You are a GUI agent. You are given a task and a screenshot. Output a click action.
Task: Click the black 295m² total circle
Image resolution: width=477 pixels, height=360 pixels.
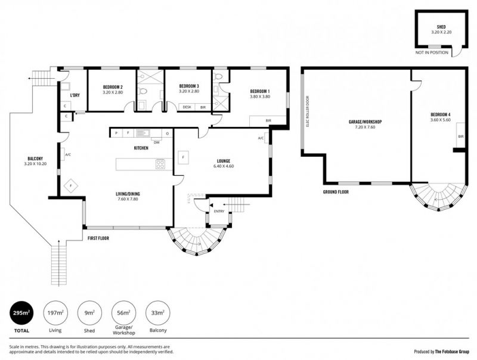click(21, 313)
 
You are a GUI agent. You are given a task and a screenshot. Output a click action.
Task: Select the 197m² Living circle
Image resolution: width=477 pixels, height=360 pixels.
click(55, 313)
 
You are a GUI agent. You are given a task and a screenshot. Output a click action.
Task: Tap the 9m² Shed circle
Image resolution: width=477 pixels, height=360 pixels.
click(89, 313)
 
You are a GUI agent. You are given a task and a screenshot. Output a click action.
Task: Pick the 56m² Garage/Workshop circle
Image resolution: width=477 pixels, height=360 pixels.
click(124, 313)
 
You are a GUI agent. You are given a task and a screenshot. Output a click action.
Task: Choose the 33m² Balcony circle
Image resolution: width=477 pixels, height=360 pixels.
click(158, 313)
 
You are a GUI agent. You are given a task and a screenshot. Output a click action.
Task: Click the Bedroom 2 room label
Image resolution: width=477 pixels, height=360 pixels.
click(113, 87)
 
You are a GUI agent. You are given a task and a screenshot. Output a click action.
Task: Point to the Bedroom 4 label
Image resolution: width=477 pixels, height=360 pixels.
click(440, 114)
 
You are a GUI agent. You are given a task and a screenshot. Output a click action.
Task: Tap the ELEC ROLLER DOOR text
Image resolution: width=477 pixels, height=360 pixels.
click(308, 111)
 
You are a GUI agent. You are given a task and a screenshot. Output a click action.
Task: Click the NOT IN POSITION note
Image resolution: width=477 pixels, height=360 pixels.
click(432, 52)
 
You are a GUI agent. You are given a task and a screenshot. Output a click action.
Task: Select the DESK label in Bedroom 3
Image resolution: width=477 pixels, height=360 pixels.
click(187, 107)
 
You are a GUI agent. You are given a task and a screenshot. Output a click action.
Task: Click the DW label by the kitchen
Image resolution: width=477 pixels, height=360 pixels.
click(157, 142)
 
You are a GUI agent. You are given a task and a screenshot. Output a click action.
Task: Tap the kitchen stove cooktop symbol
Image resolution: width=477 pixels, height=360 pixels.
click(160, 164)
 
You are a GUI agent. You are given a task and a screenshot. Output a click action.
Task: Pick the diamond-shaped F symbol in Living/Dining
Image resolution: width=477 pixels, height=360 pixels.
click(70, 185)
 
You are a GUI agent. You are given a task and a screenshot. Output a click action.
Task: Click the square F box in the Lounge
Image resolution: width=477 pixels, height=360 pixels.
click(183, 157)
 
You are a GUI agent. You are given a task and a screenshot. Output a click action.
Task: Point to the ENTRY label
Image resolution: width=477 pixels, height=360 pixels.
click(219, 212)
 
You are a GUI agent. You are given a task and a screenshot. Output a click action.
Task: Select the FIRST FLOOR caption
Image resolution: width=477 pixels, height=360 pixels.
click(98, 238)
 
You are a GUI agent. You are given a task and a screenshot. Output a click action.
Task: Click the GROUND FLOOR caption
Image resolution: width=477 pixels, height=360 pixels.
click(336, 192)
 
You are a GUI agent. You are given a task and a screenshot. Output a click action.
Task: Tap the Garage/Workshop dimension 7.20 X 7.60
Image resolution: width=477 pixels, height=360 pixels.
click(365, 127)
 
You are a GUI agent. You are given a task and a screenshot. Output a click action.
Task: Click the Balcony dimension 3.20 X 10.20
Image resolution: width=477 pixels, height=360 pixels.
click(35, 164)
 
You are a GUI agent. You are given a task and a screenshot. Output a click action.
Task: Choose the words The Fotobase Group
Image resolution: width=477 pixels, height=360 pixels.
click(452, 352)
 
